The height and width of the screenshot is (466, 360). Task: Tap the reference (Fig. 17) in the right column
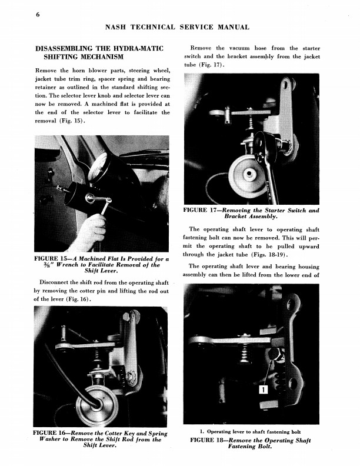click(x=212, y=65)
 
